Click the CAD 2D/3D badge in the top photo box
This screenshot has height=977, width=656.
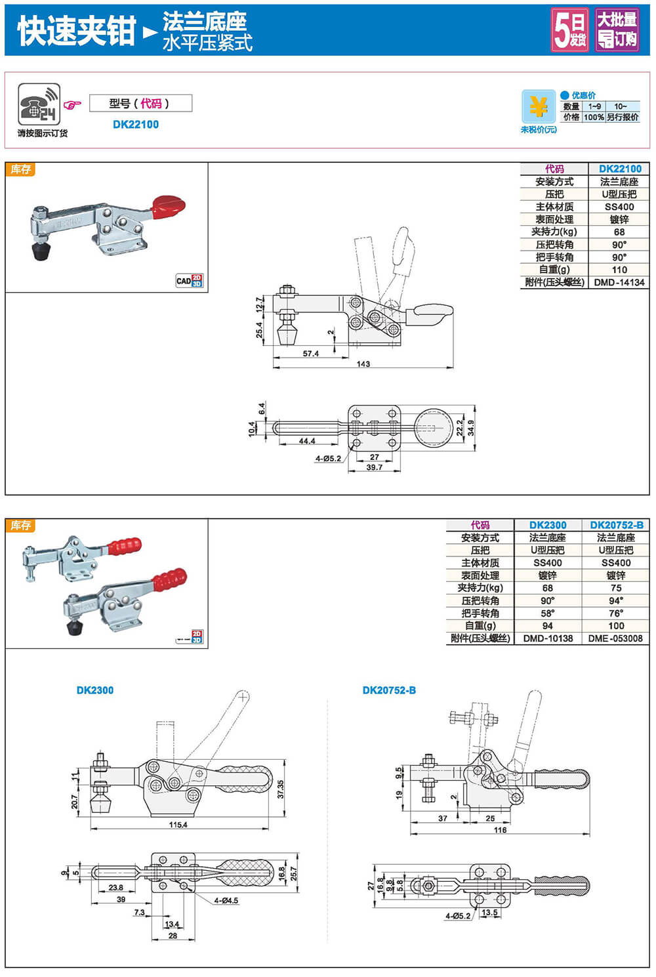[x=190, y=281]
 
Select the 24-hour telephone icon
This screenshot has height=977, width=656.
[x=39, y=104]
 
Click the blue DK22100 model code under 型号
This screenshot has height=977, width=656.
[x=136, y=125]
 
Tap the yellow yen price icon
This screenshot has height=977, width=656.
[x=539, y=106]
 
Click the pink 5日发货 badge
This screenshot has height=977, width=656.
[x=569, y=30]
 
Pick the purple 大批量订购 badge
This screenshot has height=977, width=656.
[x=617, y=30]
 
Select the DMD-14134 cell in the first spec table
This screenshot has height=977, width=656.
[x=619, y=282]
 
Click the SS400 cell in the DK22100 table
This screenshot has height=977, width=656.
[x=619, y=207]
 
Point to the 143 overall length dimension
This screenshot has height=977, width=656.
[x=363, y=364]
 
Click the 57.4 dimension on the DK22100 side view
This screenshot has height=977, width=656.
[x=311, y=354]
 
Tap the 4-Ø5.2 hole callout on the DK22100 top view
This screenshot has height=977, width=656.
[x=327, y=459]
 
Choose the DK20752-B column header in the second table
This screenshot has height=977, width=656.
[x=616, y=525]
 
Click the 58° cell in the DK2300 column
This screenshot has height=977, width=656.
[x=547, y=613]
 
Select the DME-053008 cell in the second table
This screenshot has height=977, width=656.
[x=616, y=638]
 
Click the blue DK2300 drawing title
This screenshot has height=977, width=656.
[x=95, y=690]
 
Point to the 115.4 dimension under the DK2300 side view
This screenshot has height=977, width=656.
[x=178, y=825]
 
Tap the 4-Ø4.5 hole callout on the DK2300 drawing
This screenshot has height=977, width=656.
[x=226, y=901]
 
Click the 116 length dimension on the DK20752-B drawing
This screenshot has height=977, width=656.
[x=500, y=830]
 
